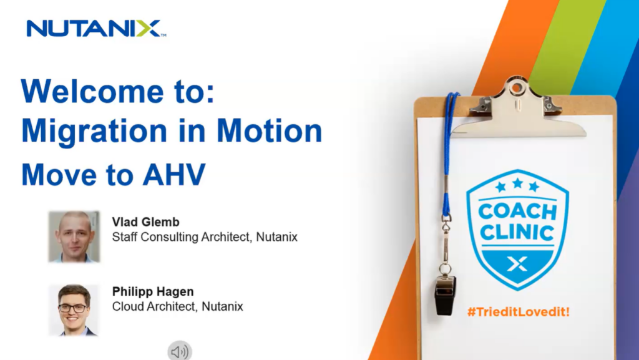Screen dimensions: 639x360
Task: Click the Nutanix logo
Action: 96,29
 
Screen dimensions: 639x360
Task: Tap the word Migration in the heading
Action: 94,132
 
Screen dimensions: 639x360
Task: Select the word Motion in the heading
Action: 269,130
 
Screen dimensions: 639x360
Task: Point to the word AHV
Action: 174,175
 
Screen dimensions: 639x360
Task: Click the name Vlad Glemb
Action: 145,222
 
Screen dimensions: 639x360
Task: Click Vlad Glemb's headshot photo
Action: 74,236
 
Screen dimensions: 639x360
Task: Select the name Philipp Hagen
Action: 153,291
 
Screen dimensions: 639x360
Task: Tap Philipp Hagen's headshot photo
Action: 74,310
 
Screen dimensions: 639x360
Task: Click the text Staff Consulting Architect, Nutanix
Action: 205,237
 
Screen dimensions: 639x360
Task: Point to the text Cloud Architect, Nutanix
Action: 178,306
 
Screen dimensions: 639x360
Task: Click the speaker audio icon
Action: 180,351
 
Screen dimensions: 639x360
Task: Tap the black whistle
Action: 444,295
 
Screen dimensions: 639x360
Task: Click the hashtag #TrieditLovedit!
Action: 518,312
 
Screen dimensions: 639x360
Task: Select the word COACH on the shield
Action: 517,212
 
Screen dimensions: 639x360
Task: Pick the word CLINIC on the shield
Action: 517,233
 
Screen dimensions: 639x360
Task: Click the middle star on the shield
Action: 517,183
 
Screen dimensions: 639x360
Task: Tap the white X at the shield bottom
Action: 517,264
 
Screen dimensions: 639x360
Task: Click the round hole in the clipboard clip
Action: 517,87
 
